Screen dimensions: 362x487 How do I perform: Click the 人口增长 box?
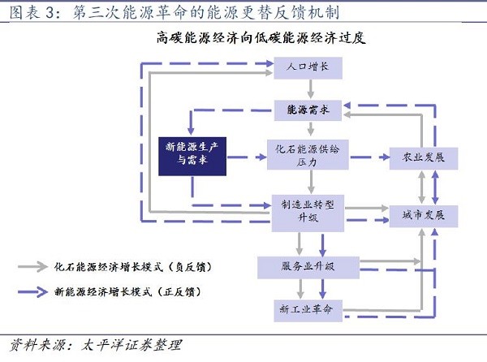[x=308, y=67]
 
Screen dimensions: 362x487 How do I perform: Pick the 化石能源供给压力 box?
[x=307, y=153]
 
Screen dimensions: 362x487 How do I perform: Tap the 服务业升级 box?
[x=308, y=265]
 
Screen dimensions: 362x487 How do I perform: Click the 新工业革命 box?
[x=308, y=310]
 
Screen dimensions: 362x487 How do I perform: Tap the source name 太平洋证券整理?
[x=130, y=344]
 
